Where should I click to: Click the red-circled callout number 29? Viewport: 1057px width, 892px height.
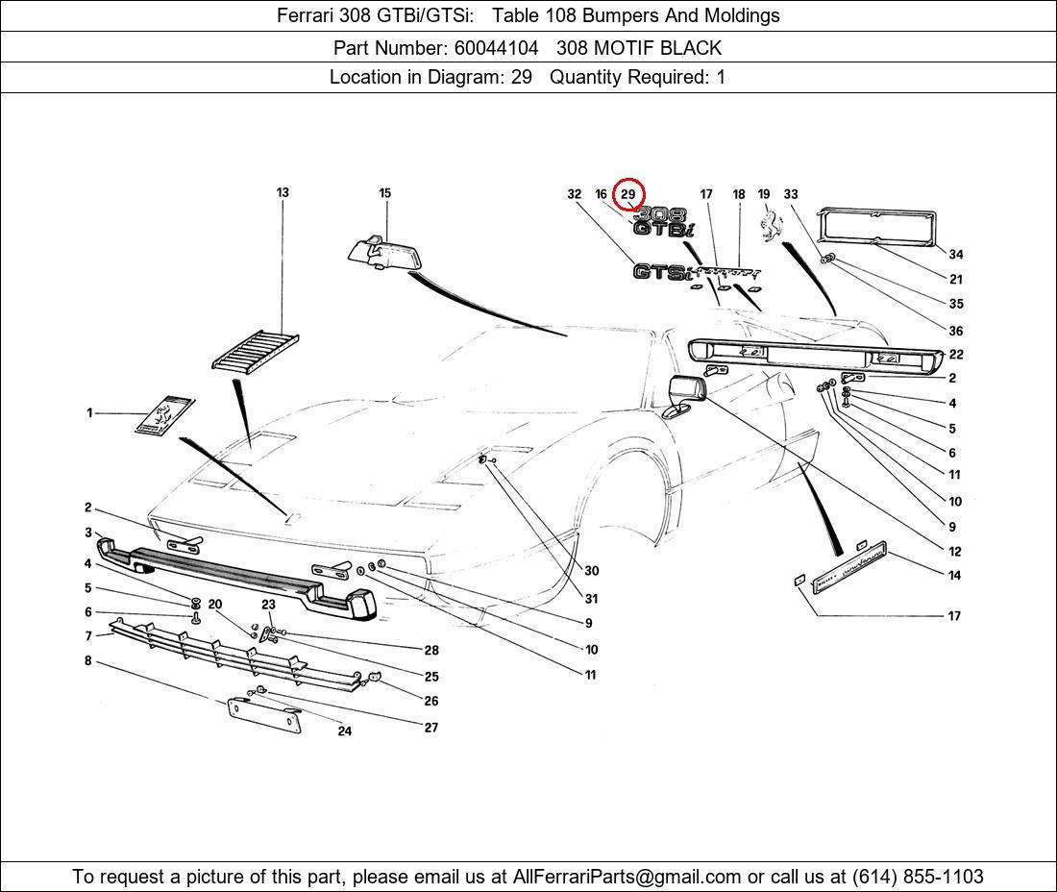[x=627, y=194]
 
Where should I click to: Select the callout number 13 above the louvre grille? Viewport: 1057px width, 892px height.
[x=283, y=192]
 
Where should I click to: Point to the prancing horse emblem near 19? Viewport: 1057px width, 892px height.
[x=767, y=227]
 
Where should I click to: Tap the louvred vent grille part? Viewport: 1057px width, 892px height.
[x=256, y=351]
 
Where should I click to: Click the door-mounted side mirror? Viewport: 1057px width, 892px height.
[x=684, y=396]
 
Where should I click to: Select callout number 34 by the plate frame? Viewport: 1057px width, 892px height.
[x=955, y=255]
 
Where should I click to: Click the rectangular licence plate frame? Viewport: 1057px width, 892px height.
[x=876, y=228]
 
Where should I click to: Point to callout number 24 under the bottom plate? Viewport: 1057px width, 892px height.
[x=344, y=731]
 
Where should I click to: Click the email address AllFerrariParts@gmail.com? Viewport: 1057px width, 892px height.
[x=627, y=877]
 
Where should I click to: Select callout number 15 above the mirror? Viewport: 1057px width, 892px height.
[x=384, y=193]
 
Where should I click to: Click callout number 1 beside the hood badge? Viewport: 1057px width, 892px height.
[x=89, y=413]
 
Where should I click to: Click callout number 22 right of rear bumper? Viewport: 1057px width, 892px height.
[x=956, y=355]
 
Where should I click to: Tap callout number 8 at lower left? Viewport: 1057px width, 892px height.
[x=87, y=661]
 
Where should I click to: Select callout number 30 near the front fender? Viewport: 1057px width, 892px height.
[x=591, y=571]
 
